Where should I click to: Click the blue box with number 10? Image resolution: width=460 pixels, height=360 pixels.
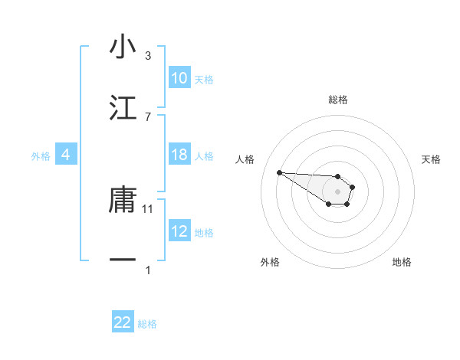tap(179, 78)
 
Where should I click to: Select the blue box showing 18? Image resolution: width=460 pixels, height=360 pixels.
tap(179, 155)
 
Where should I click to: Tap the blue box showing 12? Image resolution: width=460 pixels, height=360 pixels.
tap(179, 231)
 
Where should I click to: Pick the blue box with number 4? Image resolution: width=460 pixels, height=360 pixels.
tap(65, 155)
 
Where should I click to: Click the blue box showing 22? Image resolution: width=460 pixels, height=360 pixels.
tap(123, 322)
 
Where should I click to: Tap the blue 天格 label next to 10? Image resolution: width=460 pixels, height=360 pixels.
tap(204, 80)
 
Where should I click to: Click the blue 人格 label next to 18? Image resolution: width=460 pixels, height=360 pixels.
tap(204, 156)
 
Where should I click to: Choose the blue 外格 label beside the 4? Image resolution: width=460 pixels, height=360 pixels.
tap(41, 156)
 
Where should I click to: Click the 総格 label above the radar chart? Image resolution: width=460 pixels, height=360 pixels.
tap(338, 100)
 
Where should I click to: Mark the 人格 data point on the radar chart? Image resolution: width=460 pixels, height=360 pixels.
tap(279, 172)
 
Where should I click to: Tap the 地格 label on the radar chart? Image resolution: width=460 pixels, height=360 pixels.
tap(402, 262)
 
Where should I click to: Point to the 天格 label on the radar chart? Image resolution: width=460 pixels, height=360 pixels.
tap(431, 159)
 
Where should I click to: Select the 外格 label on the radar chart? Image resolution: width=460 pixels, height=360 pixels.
tap(270, 262)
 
